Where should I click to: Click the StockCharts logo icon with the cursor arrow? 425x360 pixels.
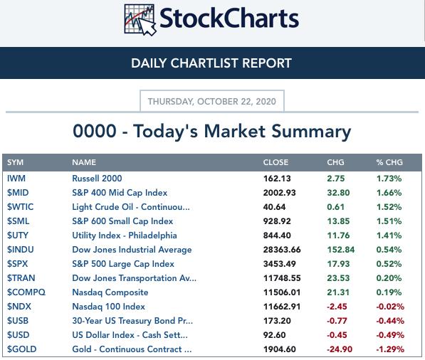140,19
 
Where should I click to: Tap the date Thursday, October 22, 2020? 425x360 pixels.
212,102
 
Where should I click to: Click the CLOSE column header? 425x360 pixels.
276,162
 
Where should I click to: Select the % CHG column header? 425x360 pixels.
389,162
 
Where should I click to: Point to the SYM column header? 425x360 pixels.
15,162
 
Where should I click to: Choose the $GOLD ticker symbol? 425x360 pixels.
21,349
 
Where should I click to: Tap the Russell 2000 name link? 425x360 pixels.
97,179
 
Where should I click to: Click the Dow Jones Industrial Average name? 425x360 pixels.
132,250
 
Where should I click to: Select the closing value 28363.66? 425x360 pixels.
282,250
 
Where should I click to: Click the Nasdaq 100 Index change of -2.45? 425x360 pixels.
337,307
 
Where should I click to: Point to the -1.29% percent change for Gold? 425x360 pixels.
390,349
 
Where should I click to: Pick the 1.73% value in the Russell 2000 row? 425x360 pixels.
389,179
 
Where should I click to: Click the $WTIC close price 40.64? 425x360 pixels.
274,207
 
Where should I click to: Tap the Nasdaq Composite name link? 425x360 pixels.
110,292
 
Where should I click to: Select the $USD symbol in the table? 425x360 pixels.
19,335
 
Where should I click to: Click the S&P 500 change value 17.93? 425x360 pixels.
338,264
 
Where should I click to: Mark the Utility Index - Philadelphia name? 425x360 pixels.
125,235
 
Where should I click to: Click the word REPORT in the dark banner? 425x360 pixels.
267,63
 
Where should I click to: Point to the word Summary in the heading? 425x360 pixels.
311,132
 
